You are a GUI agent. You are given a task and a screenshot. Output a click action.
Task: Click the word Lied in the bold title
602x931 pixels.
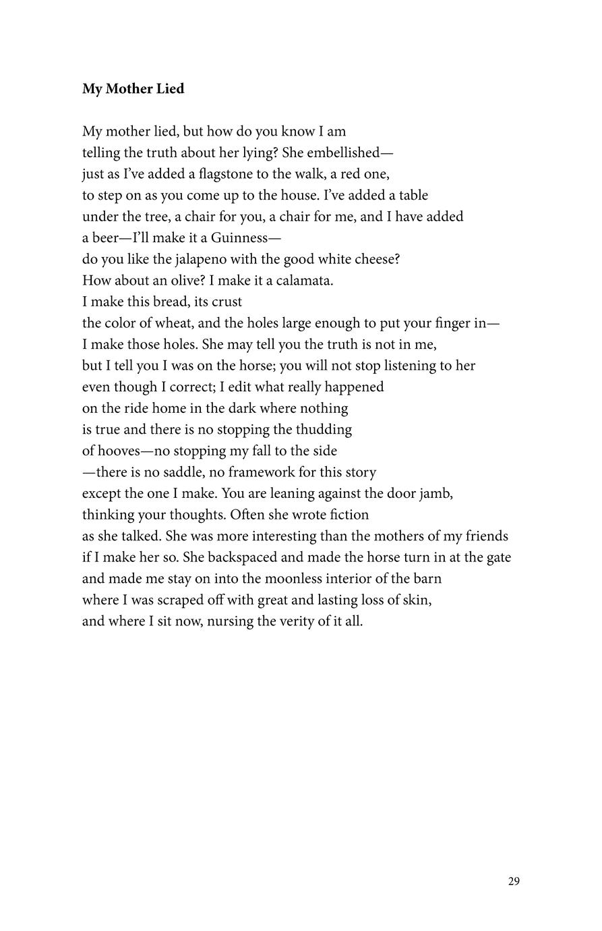pyautogui.click(x=171, y=89)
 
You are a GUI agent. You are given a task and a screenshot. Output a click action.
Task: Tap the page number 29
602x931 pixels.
pyautogui.click(x=514, y=881)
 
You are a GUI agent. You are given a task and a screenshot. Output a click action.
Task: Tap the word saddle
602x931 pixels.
pyautogui.click(x=181, y=472)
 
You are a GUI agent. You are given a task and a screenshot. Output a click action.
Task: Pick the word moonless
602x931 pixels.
pyautogui.click(x=293, y=579)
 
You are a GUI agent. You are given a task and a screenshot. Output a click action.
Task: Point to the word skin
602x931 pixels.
pyautogui.click(x=417, y=600)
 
